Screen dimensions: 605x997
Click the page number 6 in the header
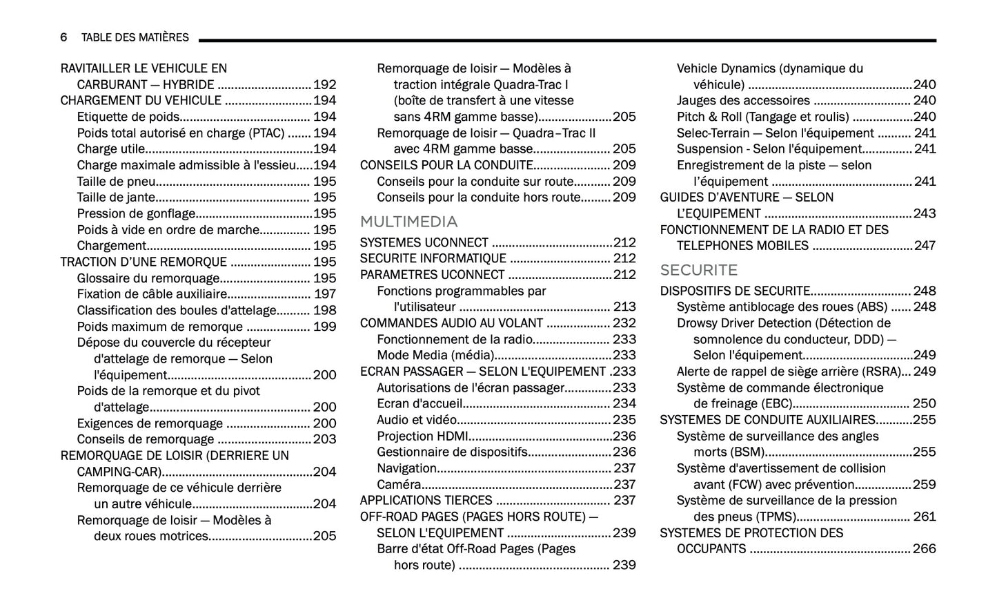pyautogui.click(x=63, y=37)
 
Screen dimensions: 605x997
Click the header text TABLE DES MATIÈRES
pyautogui.click(x=135, y=37)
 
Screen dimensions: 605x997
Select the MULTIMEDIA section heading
pyautogui.click(x=408, y=222)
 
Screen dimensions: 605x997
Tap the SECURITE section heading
pyautogui.click(x=698, y=270)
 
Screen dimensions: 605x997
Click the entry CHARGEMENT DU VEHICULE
pyautogui.click(x=141, y=101)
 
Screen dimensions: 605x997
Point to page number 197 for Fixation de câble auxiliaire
pyautogui.click(x=324, y=294)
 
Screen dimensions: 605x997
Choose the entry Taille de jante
pyautogui.click(x=116, y=198)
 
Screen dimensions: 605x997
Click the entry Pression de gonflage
pyautogui.click(x=136, y=213)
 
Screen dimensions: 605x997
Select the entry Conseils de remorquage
pyautogui.click(x=146, y=439)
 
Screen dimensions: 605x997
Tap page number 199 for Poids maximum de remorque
pyautogui.click(x=324, y=327)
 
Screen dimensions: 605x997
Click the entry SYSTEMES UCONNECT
pyautogui.click(x=424, y=242)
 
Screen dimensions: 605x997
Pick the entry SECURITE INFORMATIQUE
pyautogui.click(x=433, y=258)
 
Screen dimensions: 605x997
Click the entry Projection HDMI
pyautogui.click(x=422, y=436)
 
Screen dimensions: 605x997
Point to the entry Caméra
pyautogui.click(x=399, y=484)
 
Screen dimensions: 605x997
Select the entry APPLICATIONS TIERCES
pyautogui.click(x=426, y=500)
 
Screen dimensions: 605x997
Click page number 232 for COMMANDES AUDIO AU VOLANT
pyautogui.click(x=624, y=323)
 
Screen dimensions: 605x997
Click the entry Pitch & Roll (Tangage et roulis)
pyautogui.click(x=762, y=117)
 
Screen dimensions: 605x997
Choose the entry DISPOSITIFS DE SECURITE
pyautogui.click(x=735, y=291)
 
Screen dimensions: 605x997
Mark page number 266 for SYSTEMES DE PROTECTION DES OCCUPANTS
pyautogui.click(x=925, y=548)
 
